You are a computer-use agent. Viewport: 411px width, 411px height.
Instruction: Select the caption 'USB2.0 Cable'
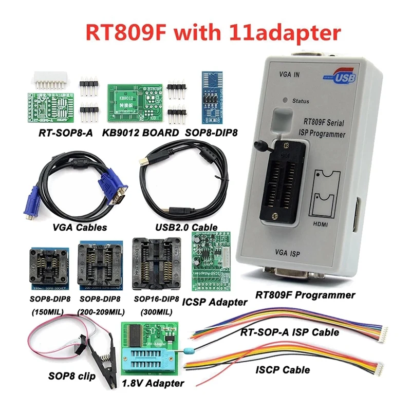click(186, 227)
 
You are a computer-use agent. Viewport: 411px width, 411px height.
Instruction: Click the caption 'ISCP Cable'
click(283, 369)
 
